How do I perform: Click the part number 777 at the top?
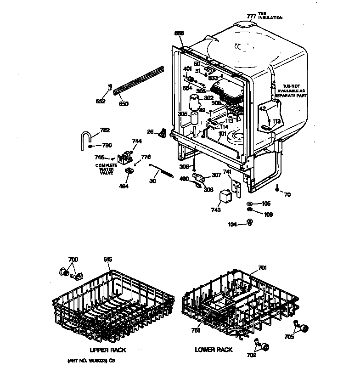(252, 16)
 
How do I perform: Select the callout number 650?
(124, 104)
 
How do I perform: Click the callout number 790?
(107, 146)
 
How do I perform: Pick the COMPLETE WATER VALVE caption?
(106, 169)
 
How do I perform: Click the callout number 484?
(124, 186)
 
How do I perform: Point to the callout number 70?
(287, 194)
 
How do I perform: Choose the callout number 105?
(266, 204)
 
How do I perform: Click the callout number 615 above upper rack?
(107, 260)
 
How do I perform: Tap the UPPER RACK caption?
(108, 350)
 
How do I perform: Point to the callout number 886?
(179, 33)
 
